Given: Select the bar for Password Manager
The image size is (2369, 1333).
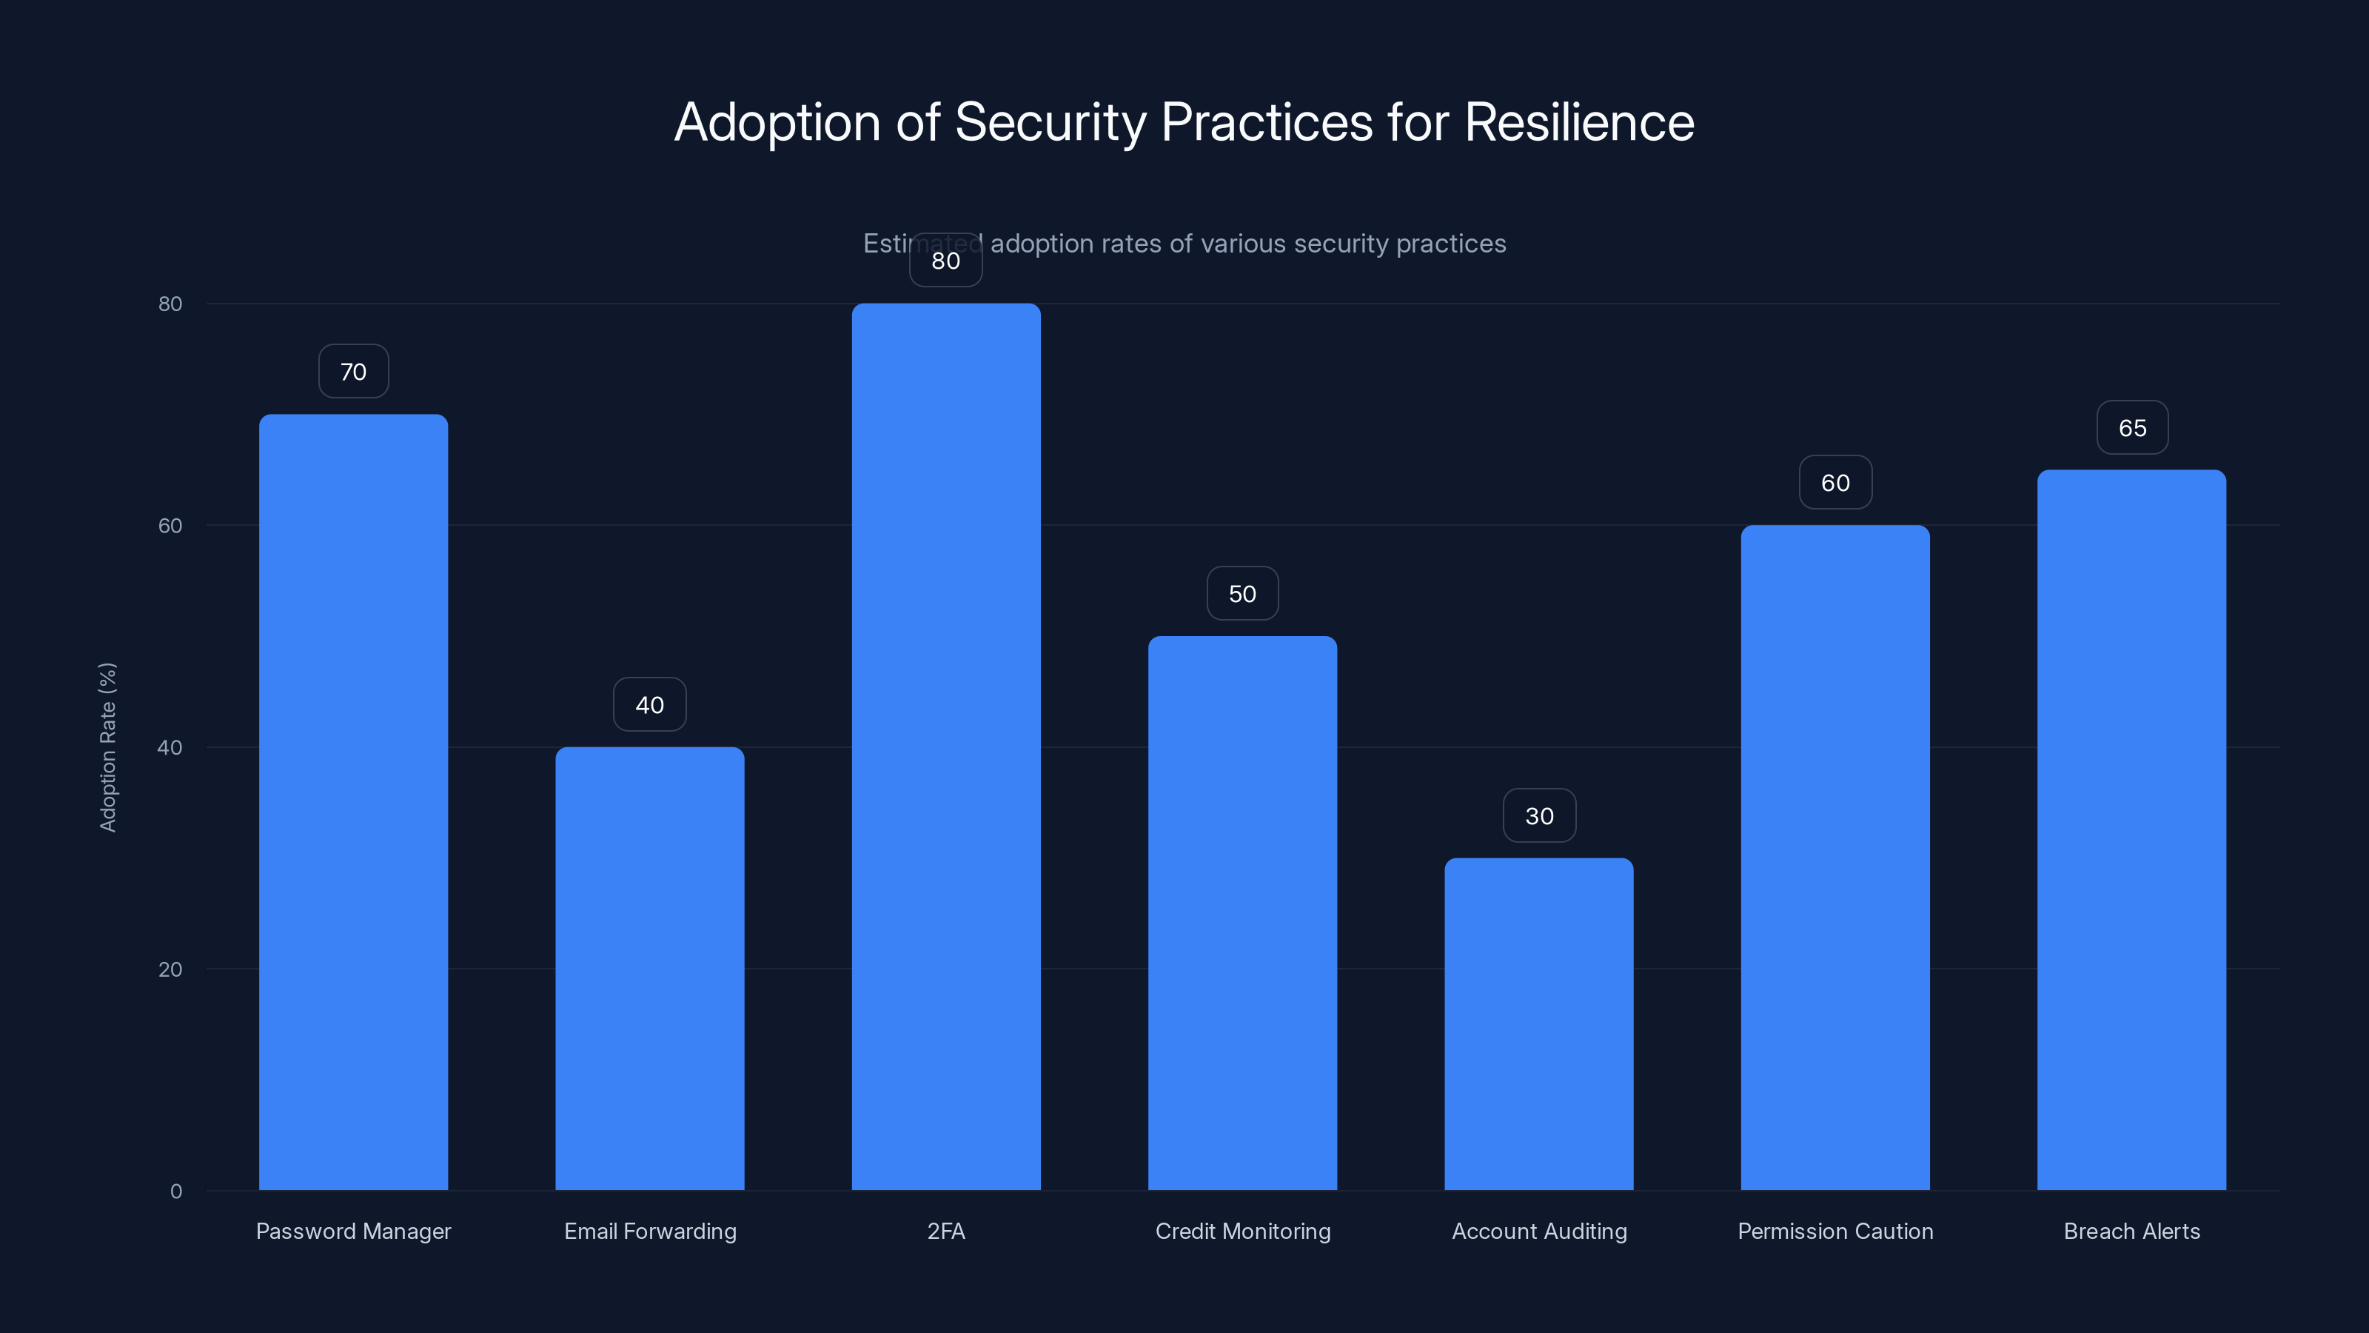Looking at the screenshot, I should tap(353, 801).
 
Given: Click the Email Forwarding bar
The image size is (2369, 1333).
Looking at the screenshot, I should tap(649, 968).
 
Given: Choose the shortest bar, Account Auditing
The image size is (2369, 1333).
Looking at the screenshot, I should tap(1538, 1024).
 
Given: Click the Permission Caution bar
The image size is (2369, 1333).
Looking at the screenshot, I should tap(1834, 858).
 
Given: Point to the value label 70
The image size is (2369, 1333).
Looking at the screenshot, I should tap(353, 372).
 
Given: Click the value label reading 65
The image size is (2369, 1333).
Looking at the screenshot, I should tap(2132, 428).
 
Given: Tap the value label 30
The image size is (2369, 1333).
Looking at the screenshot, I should tap(1538, 816).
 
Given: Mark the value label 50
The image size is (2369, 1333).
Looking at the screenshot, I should tap(1242, 594).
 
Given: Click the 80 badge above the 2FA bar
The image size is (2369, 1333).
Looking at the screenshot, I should tap(945, 261).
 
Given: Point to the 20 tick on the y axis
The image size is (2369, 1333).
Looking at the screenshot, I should tap(170, 969).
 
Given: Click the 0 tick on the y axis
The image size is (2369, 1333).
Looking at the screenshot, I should tap(175, 1192).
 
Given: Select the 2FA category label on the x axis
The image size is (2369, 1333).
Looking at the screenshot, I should tap(945, 1231).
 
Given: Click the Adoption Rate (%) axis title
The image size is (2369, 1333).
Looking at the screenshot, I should tap(107, 747).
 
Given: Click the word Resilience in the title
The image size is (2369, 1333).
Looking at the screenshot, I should tap(1578, 122).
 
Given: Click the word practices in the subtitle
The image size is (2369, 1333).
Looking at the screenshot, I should tap(1450, 244).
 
